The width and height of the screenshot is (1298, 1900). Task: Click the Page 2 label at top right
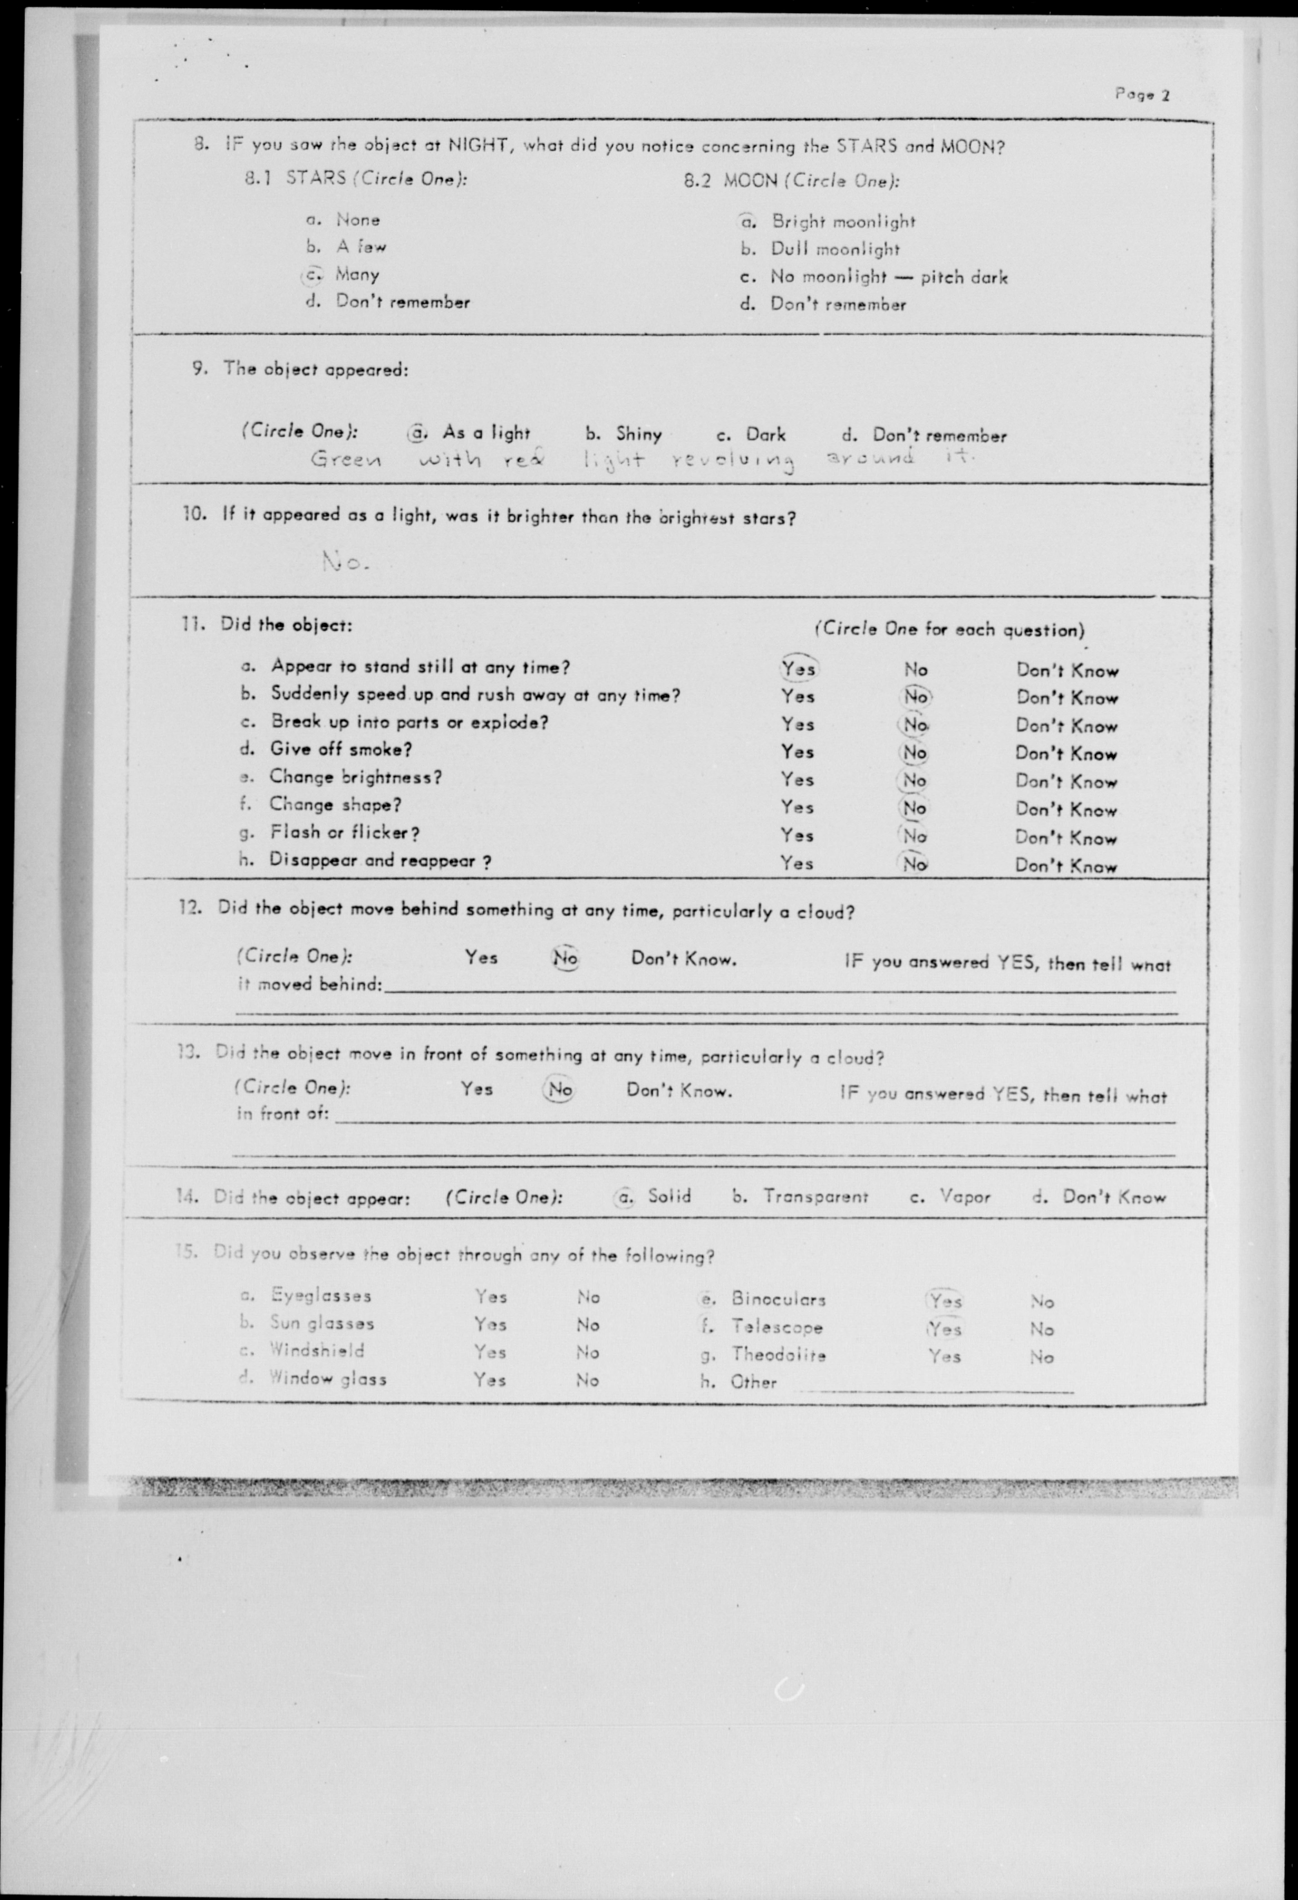(1142, 95)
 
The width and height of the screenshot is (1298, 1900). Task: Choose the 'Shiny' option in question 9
(638, 433)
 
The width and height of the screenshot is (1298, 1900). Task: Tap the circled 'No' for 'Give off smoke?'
(915, 752)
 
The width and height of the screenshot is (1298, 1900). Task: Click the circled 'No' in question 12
(565, 958)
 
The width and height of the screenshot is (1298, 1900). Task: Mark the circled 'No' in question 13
(559, 1090)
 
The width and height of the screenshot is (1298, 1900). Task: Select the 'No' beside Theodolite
(1041, 1357)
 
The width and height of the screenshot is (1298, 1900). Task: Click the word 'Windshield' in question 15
(316, 1351)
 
